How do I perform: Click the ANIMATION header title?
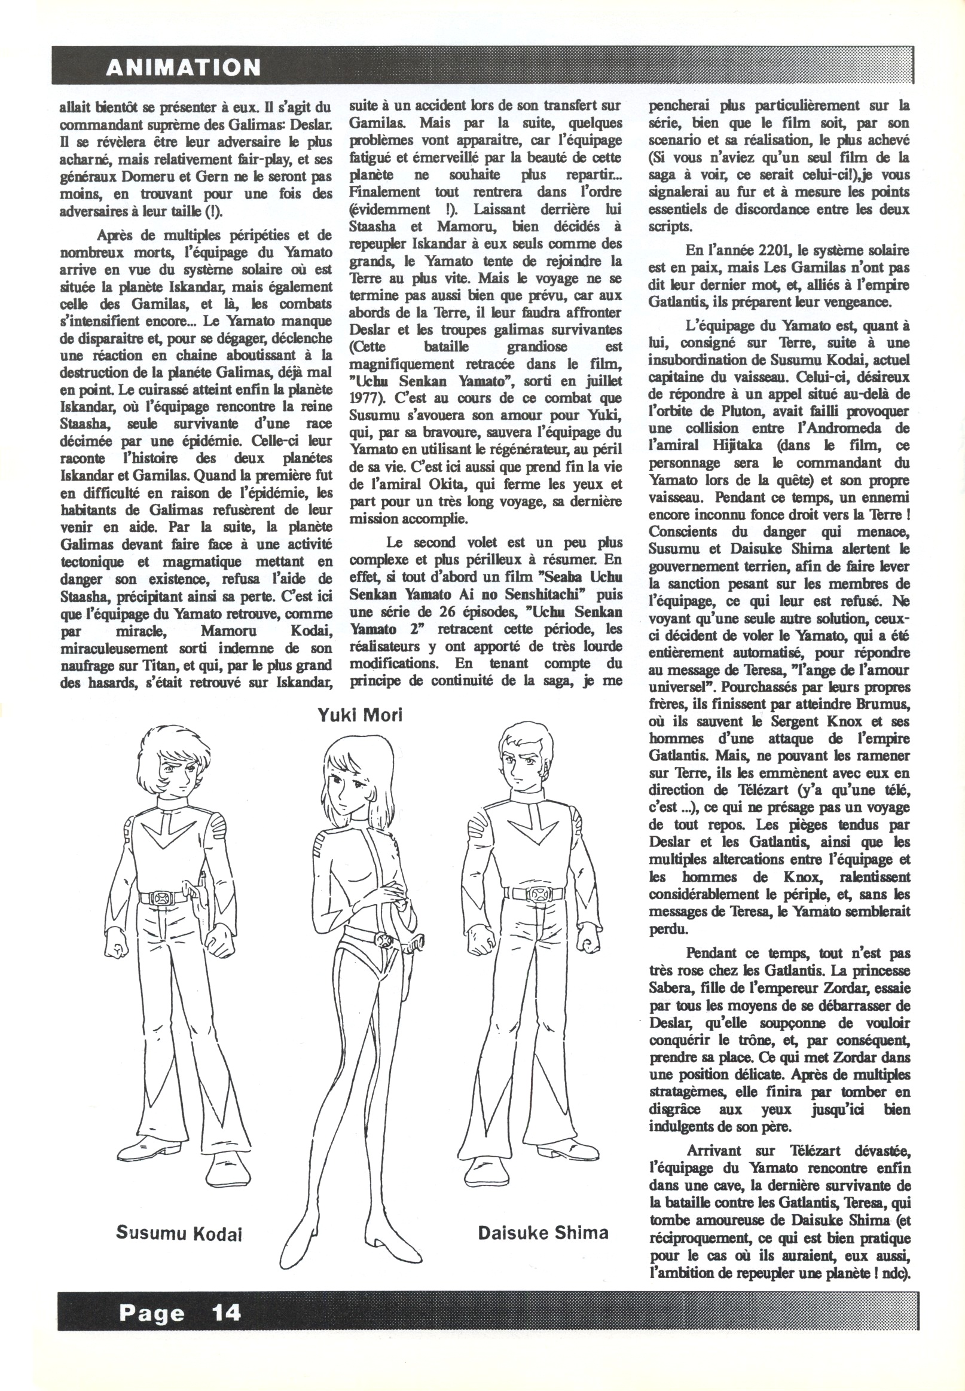182,67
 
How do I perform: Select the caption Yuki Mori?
361,715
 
